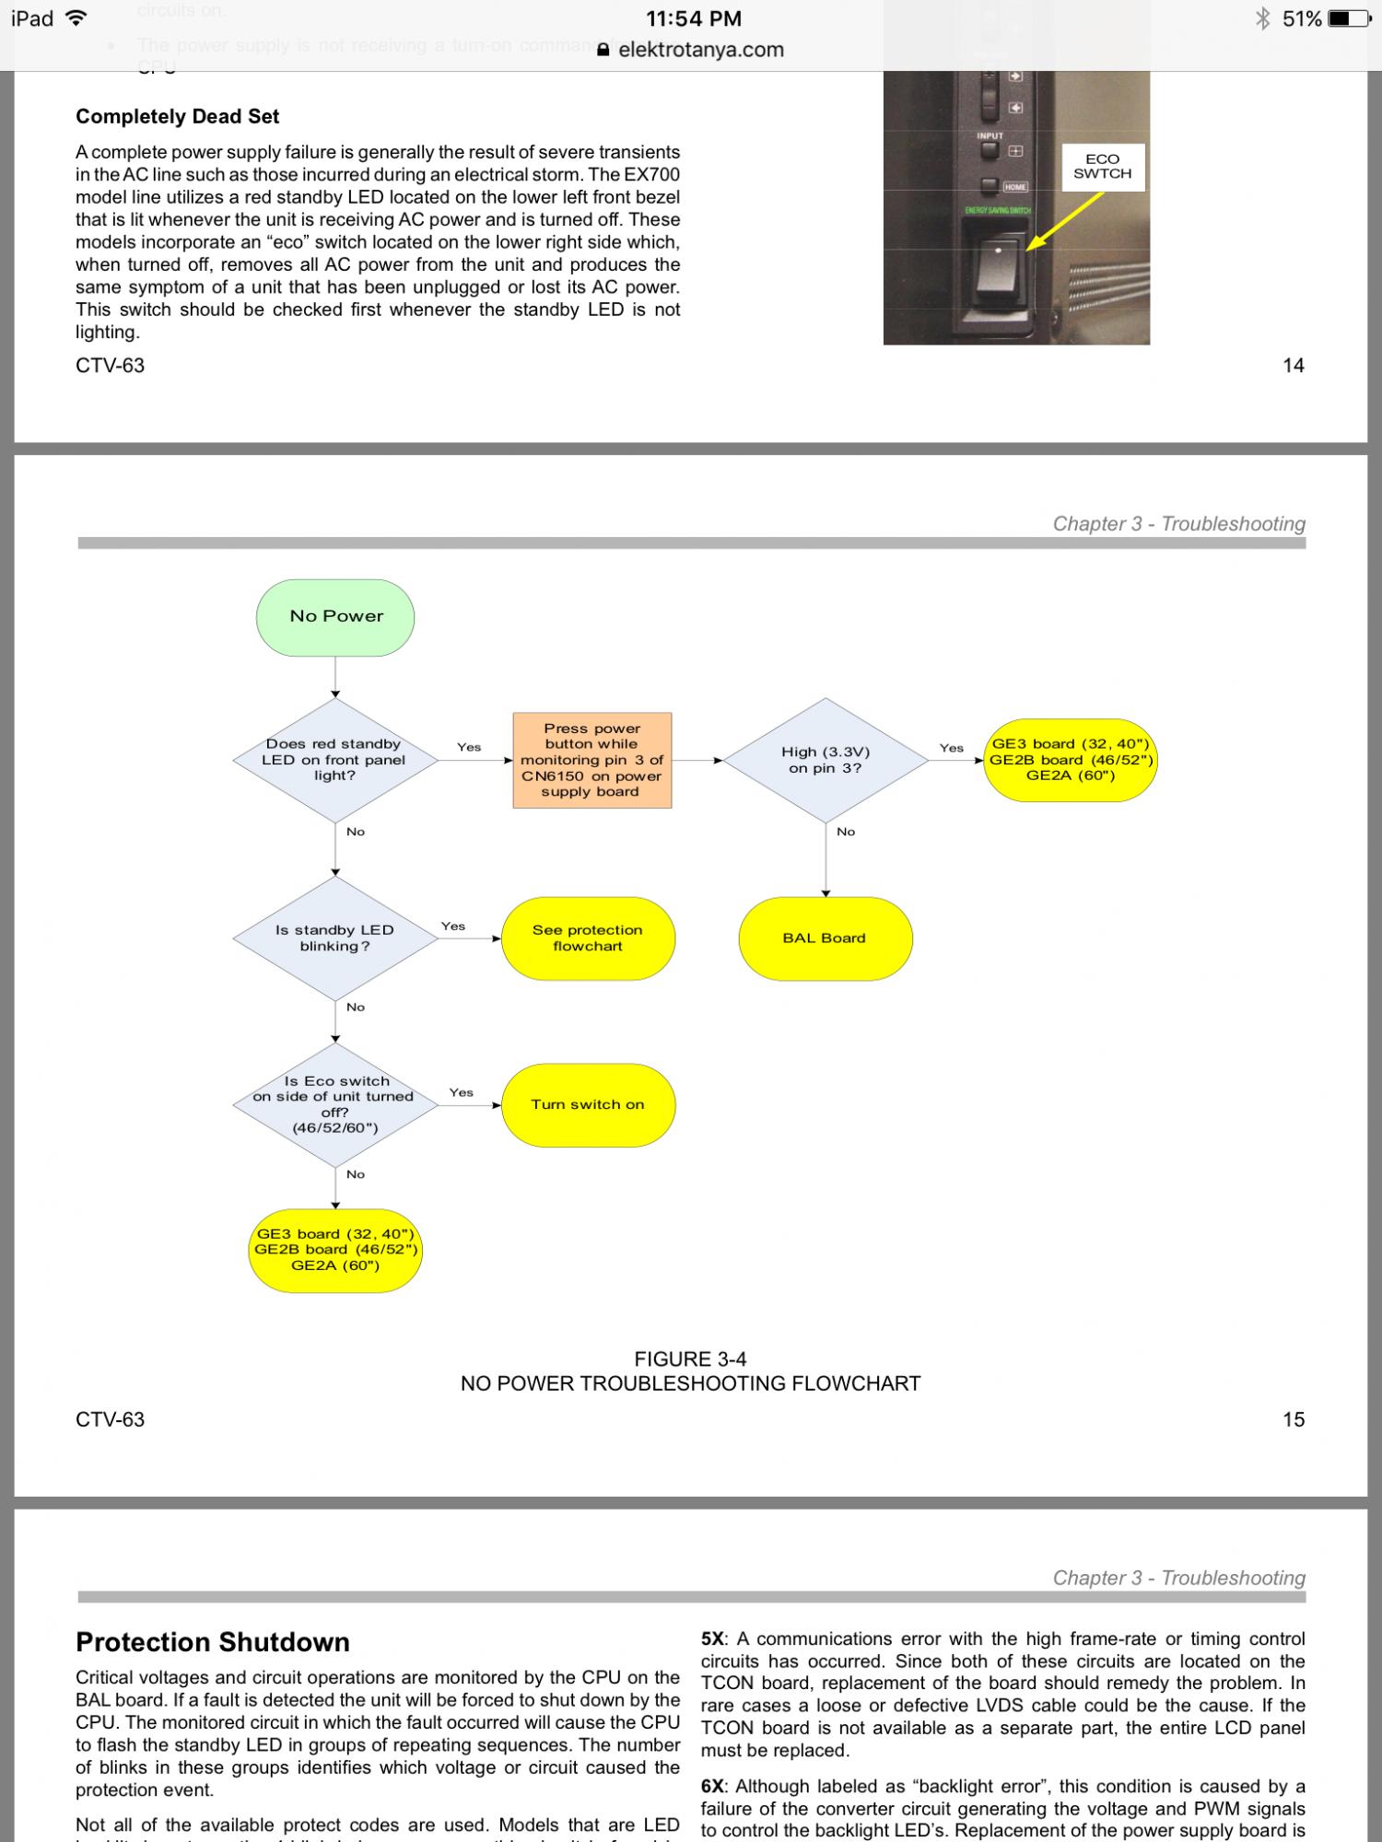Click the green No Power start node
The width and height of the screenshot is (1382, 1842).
pyautogui.click(x=335, y=617)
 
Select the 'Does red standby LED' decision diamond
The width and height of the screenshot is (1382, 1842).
pyautogui.click(x=334, y=760)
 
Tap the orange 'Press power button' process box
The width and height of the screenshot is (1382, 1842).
pyautogui.click(x=591, y=760)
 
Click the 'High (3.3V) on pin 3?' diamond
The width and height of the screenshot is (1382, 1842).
pyautogui.click(x=826, y=760)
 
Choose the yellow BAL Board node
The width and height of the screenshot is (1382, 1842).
pyautogui.click(x=825, y=938)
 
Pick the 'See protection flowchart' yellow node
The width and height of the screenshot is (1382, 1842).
pyautogui.click(x=588, y=938)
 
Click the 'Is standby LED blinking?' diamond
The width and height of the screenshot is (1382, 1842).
pyautogui.click(x=334, y=938)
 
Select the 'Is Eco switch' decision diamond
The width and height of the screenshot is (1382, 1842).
pyautogui.click(x=334, y=1104)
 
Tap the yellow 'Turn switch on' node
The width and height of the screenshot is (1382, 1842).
pyautogui.click(x=588, y=1104)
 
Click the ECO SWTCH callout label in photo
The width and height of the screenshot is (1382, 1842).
pyautogui.click(x=1103, y=167)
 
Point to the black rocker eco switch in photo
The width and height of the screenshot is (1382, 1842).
pyautogui.click(x=999, y=275)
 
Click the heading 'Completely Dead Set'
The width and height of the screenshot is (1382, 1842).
pyautogui.click(x=177, y=117)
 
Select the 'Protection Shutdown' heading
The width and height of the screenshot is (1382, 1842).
pyautogui.click(x=213, y=1642)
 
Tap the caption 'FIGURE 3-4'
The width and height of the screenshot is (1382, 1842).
pyautogui.click(x=690, y=1359)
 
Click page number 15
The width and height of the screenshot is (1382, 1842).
pyautogui.click(x=1294, y=1419)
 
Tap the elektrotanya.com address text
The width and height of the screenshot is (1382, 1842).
pyautogui.click(x=700, y=50)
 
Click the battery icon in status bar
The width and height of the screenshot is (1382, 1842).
pyautogui.click(x=1351, y=18)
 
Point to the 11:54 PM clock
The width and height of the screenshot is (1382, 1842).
pyautogui.click(x=693, y=18)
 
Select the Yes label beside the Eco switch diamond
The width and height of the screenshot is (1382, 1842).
pyautogui.click(x=461, y=1092)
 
